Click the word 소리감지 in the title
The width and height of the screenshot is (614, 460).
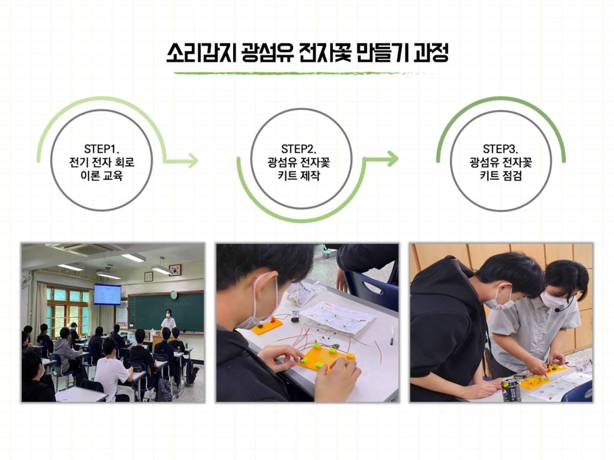[x=201, y=52]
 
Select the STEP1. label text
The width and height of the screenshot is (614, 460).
[x=101, y=149]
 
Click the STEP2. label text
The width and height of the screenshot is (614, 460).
[x=299, y=149]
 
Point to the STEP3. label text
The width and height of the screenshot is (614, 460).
[x=500, y=149]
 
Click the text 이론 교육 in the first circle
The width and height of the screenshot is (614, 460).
[x=101, y=176]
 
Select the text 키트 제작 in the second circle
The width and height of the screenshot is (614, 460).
[x=299, y=176]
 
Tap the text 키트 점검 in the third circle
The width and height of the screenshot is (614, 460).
[x=500, y=176]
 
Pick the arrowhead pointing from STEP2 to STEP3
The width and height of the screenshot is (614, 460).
[x=392, y=158]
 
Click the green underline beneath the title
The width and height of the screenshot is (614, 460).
[x=303, y=73]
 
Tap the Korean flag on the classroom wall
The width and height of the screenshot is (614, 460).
[x=175, y=269]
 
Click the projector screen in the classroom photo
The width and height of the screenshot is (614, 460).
[x=107, y=295]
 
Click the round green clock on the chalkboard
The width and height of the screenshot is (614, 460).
[x=173, y=295]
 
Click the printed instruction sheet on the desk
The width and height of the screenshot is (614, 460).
[x=339, y=317]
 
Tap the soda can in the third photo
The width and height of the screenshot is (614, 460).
[x=511, y=389]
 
